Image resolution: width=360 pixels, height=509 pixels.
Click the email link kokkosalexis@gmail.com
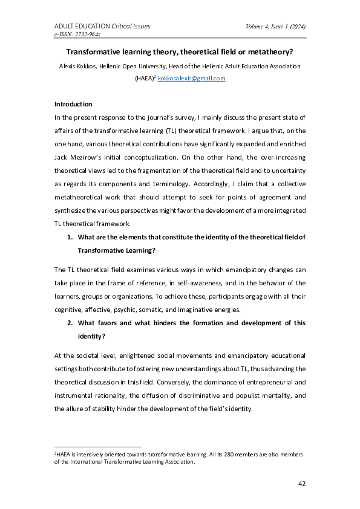(191, 79)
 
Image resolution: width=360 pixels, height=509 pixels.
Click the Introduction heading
(74, 105)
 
